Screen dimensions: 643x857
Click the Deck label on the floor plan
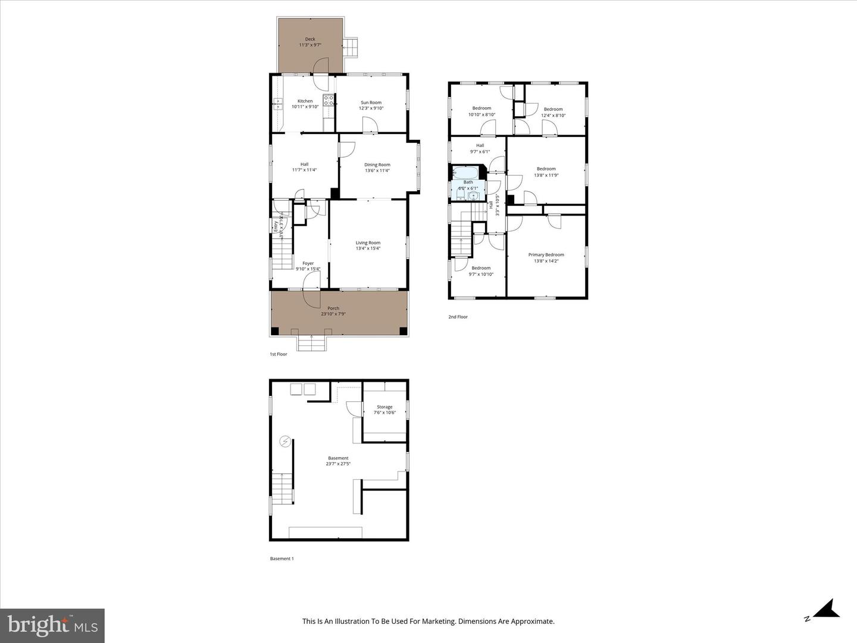(x=310, y=39)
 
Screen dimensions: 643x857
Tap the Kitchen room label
(x=305, y=101)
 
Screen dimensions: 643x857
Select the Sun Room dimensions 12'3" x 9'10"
(x=371, y=108)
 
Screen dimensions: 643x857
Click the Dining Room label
(x=377, y=165)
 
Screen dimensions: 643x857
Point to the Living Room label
(x=368, y=242)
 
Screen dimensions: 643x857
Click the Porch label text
(x=333, y=308)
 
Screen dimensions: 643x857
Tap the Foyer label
(x=308, y=263)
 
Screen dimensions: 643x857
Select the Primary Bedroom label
(x=546, y=255)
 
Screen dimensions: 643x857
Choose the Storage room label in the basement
(x=384, y=407)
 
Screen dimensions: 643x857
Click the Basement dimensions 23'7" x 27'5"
(x=338, y=464)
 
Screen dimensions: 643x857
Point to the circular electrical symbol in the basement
(x=286, y=441)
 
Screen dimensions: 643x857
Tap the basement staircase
(x=283, y=488)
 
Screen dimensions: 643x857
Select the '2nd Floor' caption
(x=458, y=317)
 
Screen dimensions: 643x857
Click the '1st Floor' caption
(x=279, y=354)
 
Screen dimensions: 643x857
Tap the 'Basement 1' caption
(x=282, y=558)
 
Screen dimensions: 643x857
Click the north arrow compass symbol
(x=825, y=610)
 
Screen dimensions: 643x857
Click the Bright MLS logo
(x=52, y=625)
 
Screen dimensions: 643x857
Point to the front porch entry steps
(x=311, y=344)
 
